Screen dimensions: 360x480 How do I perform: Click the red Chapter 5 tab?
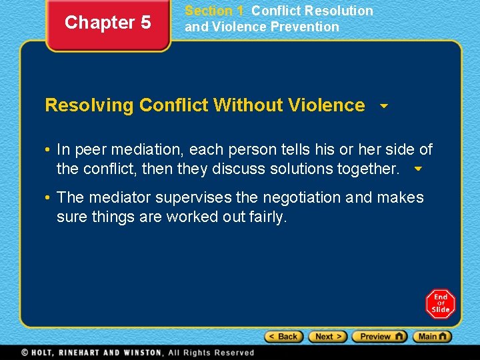(x=107, y=23)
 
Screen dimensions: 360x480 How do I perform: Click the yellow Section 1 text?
(x=214, y=11)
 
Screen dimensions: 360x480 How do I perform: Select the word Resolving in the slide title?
(x=89, y=105)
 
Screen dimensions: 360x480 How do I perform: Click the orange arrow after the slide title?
(x=383, y=106)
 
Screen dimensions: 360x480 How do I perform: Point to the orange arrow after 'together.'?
(x=418, y=169)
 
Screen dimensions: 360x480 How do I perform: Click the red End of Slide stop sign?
(x=441, y=303)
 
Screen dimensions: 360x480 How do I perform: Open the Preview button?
(x=379, y=337)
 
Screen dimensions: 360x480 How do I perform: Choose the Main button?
(x=432, y=337)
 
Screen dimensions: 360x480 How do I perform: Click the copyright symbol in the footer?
(x=25, y=352)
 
